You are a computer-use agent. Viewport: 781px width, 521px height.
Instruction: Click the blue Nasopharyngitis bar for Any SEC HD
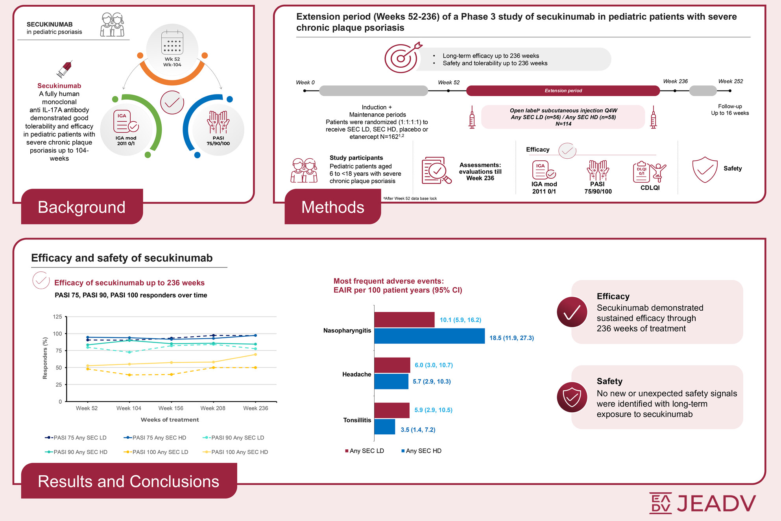429,336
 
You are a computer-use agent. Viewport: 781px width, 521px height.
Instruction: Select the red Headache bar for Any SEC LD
392,365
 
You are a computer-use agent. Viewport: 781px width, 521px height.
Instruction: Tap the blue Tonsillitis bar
384,427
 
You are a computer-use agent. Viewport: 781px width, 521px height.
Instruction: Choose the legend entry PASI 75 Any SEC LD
76,438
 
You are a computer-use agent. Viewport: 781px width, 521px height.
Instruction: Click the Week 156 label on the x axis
171,408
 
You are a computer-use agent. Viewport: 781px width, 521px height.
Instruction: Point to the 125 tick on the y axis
57,317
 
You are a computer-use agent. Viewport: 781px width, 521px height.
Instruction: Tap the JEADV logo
702,503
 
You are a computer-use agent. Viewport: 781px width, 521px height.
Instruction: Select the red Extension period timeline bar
563,91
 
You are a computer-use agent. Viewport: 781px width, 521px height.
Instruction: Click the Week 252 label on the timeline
730,82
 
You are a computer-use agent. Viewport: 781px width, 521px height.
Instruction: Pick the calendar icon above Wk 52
172,43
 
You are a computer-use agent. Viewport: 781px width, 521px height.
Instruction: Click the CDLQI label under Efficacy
650,188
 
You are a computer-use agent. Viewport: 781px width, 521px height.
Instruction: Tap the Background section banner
82,207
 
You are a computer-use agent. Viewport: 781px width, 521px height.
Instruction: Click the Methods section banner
332,207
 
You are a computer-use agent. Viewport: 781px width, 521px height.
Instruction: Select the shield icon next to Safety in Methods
704,169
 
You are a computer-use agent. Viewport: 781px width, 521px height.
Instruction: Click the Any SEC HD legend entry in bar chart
421,451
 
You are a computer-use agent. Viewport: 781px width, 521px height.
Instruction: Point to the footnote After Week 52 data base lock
410,198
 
